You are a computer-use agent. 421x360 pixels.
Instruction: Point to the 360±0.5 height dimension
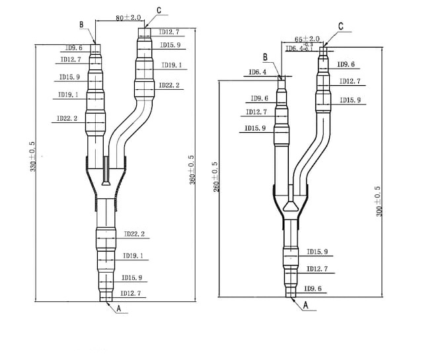pos(192,169)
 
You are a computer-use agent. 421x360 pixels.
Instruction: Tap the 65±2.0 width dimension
pos(307,40)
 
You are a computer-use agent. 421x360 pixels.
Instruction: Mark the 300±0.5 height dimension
pos(379,201)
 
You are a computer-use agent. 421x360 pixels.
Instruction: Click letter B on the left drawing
pos(81,24)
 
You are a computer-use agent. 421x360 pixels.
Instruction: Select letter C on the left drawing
pos(159,11)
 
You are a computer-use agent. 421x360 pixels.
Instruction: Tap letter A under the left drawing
pos(119,307)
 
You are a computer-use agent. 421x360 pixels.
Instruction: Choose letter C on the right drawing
pos(340,26)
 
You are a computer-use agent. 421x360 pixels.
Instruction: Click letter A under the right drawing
pos(305,306)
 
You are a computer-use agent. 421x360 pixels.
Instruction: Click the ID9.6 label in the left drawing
pos(73,48)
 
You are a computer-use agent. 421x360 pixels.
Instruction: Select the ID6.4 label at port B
pos(257,72)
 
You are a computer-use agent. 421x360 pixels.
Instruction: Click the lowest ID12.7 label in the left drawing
pos(130,293)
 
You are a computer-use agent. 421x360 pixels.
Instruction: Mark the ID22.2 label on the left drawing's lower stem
pos(134,234)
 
